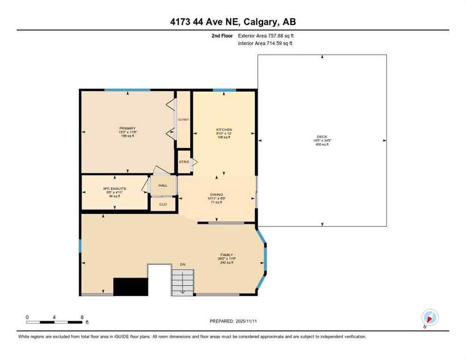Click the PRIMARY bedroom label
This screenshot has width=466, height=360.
click(x=128, y=128)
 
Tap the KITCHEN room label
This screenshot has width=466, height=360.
click(x=224, y=130)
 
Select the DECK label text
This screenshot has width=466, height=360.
click(x=322, y=137)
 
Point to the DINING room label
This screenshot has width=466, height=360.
click(x=217, y=195)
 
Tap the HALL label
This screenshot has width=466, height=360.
click(x=163, y=186)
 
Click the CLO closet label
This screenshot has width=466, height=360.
click(x=163, y=204)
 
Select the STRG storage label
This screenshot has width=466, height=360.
click(x=184, y=162)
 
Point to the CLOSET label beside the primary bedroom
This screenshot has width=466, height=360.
click(x=183, y=120)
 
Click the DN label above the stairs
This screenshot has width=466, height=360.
click(x=183, y=265)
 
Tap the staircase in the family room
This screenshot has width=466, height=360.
click(x=182, y=283)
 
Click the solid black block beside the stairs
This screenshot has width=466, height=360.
click(x=131, y=286)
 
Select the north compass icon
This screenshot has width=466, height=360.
click(x=429, y=317)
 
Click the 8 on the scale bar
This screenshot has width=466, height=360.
click(x=82, y=317)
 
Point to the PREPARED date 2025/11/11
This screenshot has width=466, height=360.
click(x=233, y=321)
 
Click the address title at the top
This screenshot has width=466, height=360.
click(x=233, y=22)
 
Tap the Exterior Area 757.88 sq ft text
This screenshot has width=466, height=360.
click(x=266, y=36)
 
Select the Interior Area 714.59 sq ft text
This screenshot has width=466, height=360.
click(x=265, y=44)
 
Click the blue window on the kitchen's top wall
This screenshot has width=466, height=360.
click(x=224, y=90)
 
